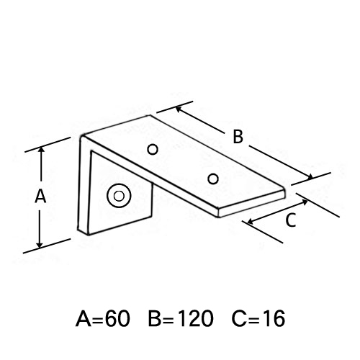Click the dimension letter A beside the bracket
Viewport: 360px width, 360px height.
tap(40, 196)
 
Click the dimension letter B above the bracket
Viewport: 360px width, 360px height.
tap(238, 137)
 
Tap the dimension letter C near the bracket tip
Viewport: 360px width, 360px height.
tap(291, 220)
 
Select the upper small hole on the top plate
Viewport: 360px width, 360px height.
tap(153, 150)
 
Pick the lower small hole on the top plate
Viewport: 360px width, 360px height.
tap(213, 179)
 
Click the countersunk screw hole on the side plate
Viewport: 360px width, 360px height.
tap(119, 196)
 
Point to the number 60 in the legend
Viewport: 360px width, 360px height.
tap(117, 319)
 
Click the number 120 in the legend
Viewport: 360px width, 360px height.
tap(196, 319)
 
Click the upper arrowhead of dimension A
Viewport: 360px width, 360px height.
tap(42, 149)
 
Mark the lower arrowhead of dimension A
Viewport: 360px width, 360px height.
tap(40, 245)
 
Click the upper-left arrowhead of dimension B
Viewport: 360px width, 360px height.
tap(178, 109)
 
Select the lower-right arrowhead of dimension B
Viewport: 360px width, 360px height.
tap(310, 177)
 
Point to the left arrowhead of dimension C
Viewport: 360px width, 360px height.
tap(250, 222)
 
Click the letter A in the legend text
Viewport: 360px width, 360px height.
tap(84, 319)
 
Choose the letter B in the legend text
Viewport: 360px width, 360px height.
tap(155, 319)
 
